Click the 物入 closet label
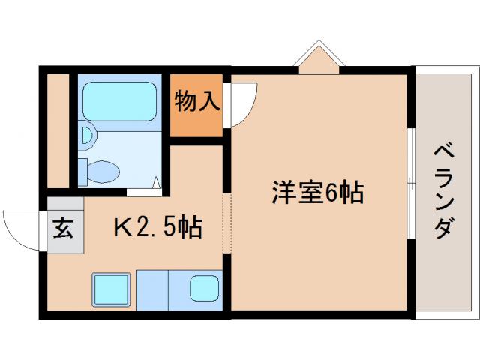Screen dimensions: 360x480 (x=197, y=101)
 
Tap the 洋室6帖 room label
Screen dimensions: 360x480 (x=317, y=193)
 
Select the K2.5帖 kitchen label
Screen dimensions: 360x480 (x=157, y=226)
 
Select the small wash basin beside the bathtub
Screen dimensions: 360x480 (x=88, y=136)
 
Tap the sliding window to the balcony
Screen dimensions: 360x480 (x=411, y=183)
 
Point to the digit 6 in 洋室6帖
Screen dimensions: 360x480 (x=331, y=194)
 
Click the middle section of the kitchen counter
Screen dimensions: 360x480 (x=154, y=288)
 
